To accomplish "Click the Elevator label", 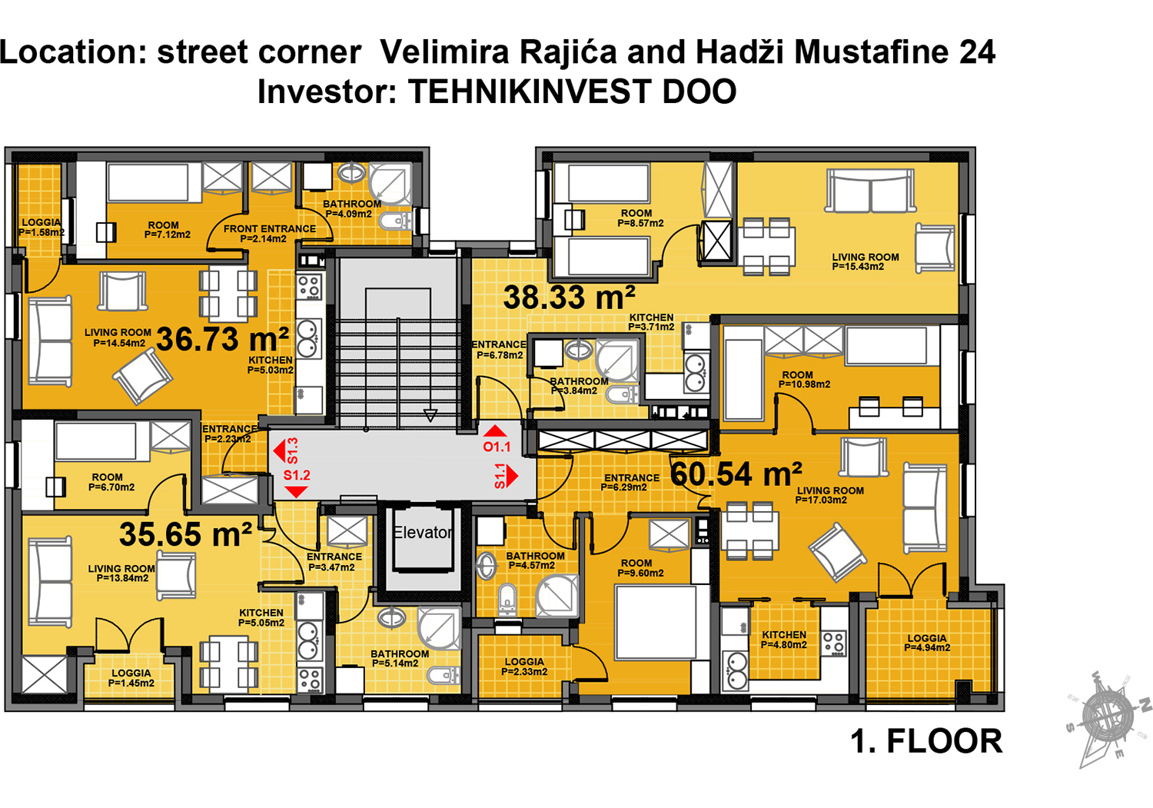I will (x=422, y=533).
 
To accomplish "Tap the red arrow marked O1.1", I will (x=496, y=431).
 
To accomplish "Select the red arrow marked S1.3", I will (x=281, y=451).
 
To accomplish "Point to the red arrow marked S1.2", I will (x=296, y=490).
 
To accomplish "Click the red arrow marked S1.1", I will (x=511, y=476).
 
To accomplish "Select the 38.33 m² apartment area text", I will (x=569, y=298).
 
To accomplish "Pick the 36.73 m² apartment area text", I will (x=222, y=339).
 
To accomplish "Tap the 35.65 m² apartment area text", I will (x=185, y=534).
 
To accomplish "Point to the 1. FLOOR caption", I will (x=925, y=742).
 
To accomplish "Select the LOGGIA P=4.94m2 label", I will (x=927, y=643).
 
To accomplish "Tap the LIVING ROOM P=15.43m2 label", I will (x=865, y=262).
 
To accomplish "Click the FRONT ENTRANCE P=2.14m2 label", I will (x=269, y=234).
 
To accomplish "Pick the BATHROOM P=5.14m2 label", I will (x=399, y=658).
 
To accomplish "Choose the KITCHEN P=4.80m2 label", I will (x=784, y=640).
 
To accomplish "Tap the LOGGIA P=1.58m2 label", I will (x=41, y=227).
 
